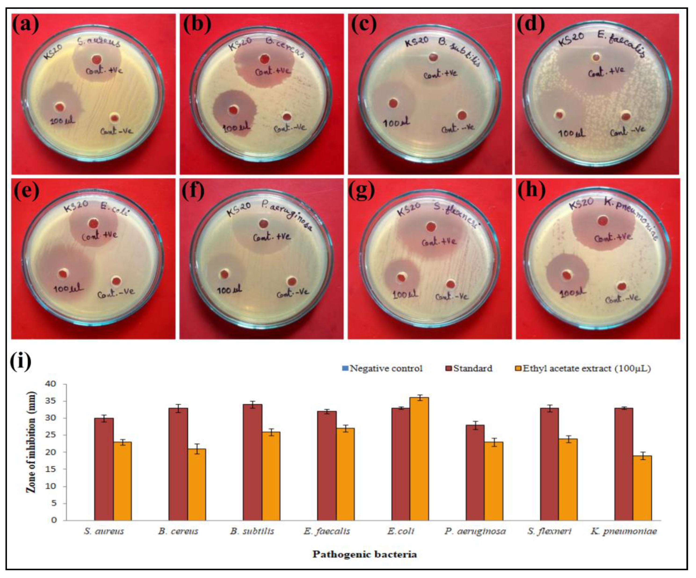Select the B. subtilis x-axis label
pyautogui.click(x=252, y=531)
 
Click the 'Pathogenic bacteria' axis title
pyautogui.click(x=365, y=554)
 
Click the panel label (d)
pyautogui.click(x=531, y=25)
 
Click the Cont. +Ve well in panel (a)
pyautogui.click(x=97, y=60)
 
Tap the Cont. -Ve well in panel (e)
pyautogui.click(x=116, y=281)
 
